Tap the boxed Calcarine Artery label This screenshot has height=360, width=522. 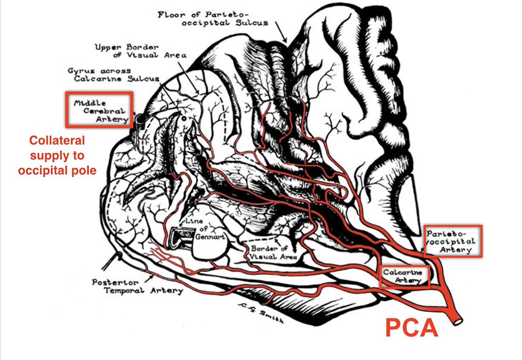click(x=404, y=276)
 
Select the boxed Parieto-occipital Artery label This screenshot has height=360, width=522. click(x=453, y=241)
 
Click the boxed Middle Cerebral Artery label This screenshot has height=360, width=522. click(x=99, y=110)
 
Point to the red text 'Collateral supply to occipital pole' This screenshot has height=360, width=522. click(x=57, y=155)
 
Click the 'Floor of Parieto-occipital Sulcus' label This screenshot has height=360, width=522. click(x=213, y=18)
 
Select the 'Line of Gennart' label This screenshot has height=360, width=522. click(x=201, y=229)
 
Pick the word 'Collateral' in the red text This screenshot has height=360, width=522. click(x=57, y=141)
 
